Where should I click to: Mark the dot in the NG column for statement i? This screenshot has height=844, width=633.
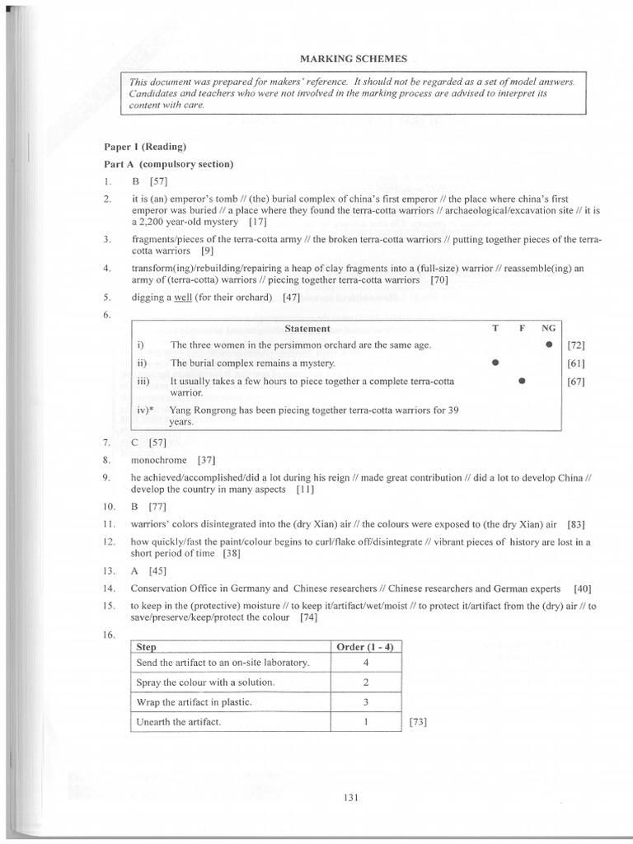[x=548, y=344]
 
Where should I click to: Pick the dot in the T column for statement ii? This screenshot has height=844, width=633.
[x=495, y=363]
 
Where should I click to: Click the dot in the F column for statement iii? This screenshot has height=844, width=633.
[x=521, y=382]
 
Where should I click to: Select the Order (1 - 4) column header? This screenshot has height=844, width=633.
[x=365, y=647]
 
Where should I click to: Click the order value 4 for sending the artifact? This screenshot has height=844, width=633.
[x=365, y=662]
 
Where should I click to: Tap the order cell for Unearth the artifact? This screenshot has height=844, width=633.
[x=365, y=721]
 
